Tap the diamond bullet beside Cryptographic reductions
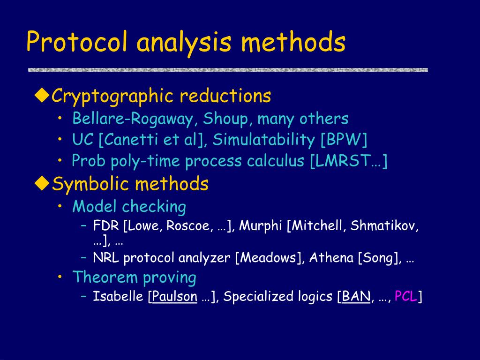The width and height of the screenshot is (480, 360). point(43,96)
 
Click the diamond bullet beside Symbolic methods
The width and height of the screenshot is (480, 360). point(43,183)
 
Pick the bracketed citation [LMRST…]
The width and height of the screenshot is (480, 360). point(349,161)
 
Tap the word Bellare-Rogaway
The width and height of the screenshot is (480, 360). point(135,119)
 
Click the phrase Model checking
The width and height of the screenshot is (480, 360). point(129,207)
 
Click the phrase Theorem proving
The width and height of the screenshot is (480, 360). point(134,277)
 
